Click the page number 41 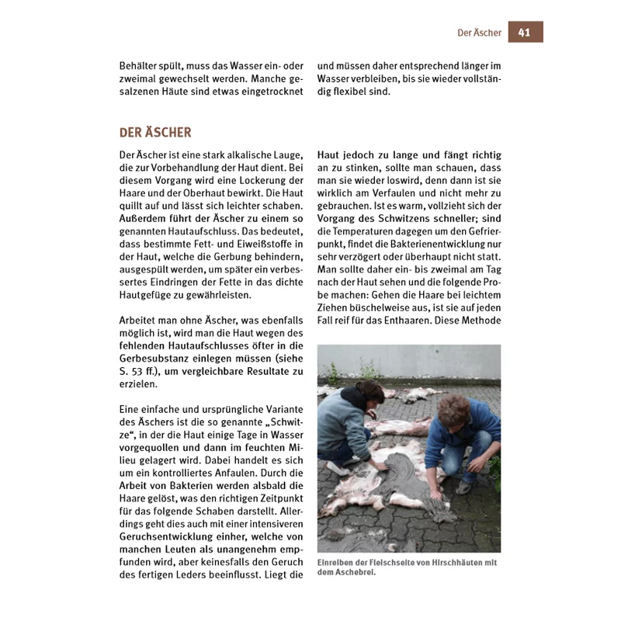(524, 32)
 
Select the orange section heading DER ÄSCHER (155, 133)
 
